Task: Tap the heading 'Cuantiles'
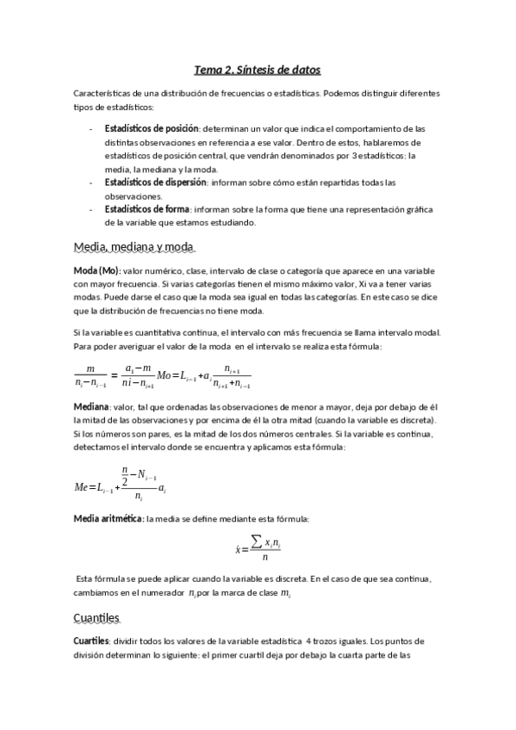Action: [x=96, y=618]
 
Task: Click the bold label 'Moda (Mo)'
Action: [x=96, y=269]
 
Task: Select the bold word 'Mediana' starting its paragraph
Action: [x=90, y=405]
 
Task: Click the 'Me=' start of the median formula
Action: [x=84, y=487]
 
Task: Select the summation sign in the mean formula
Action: [x=256, y=541]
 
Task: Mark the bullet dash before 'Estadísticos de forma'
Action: [x=92, y=209]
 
